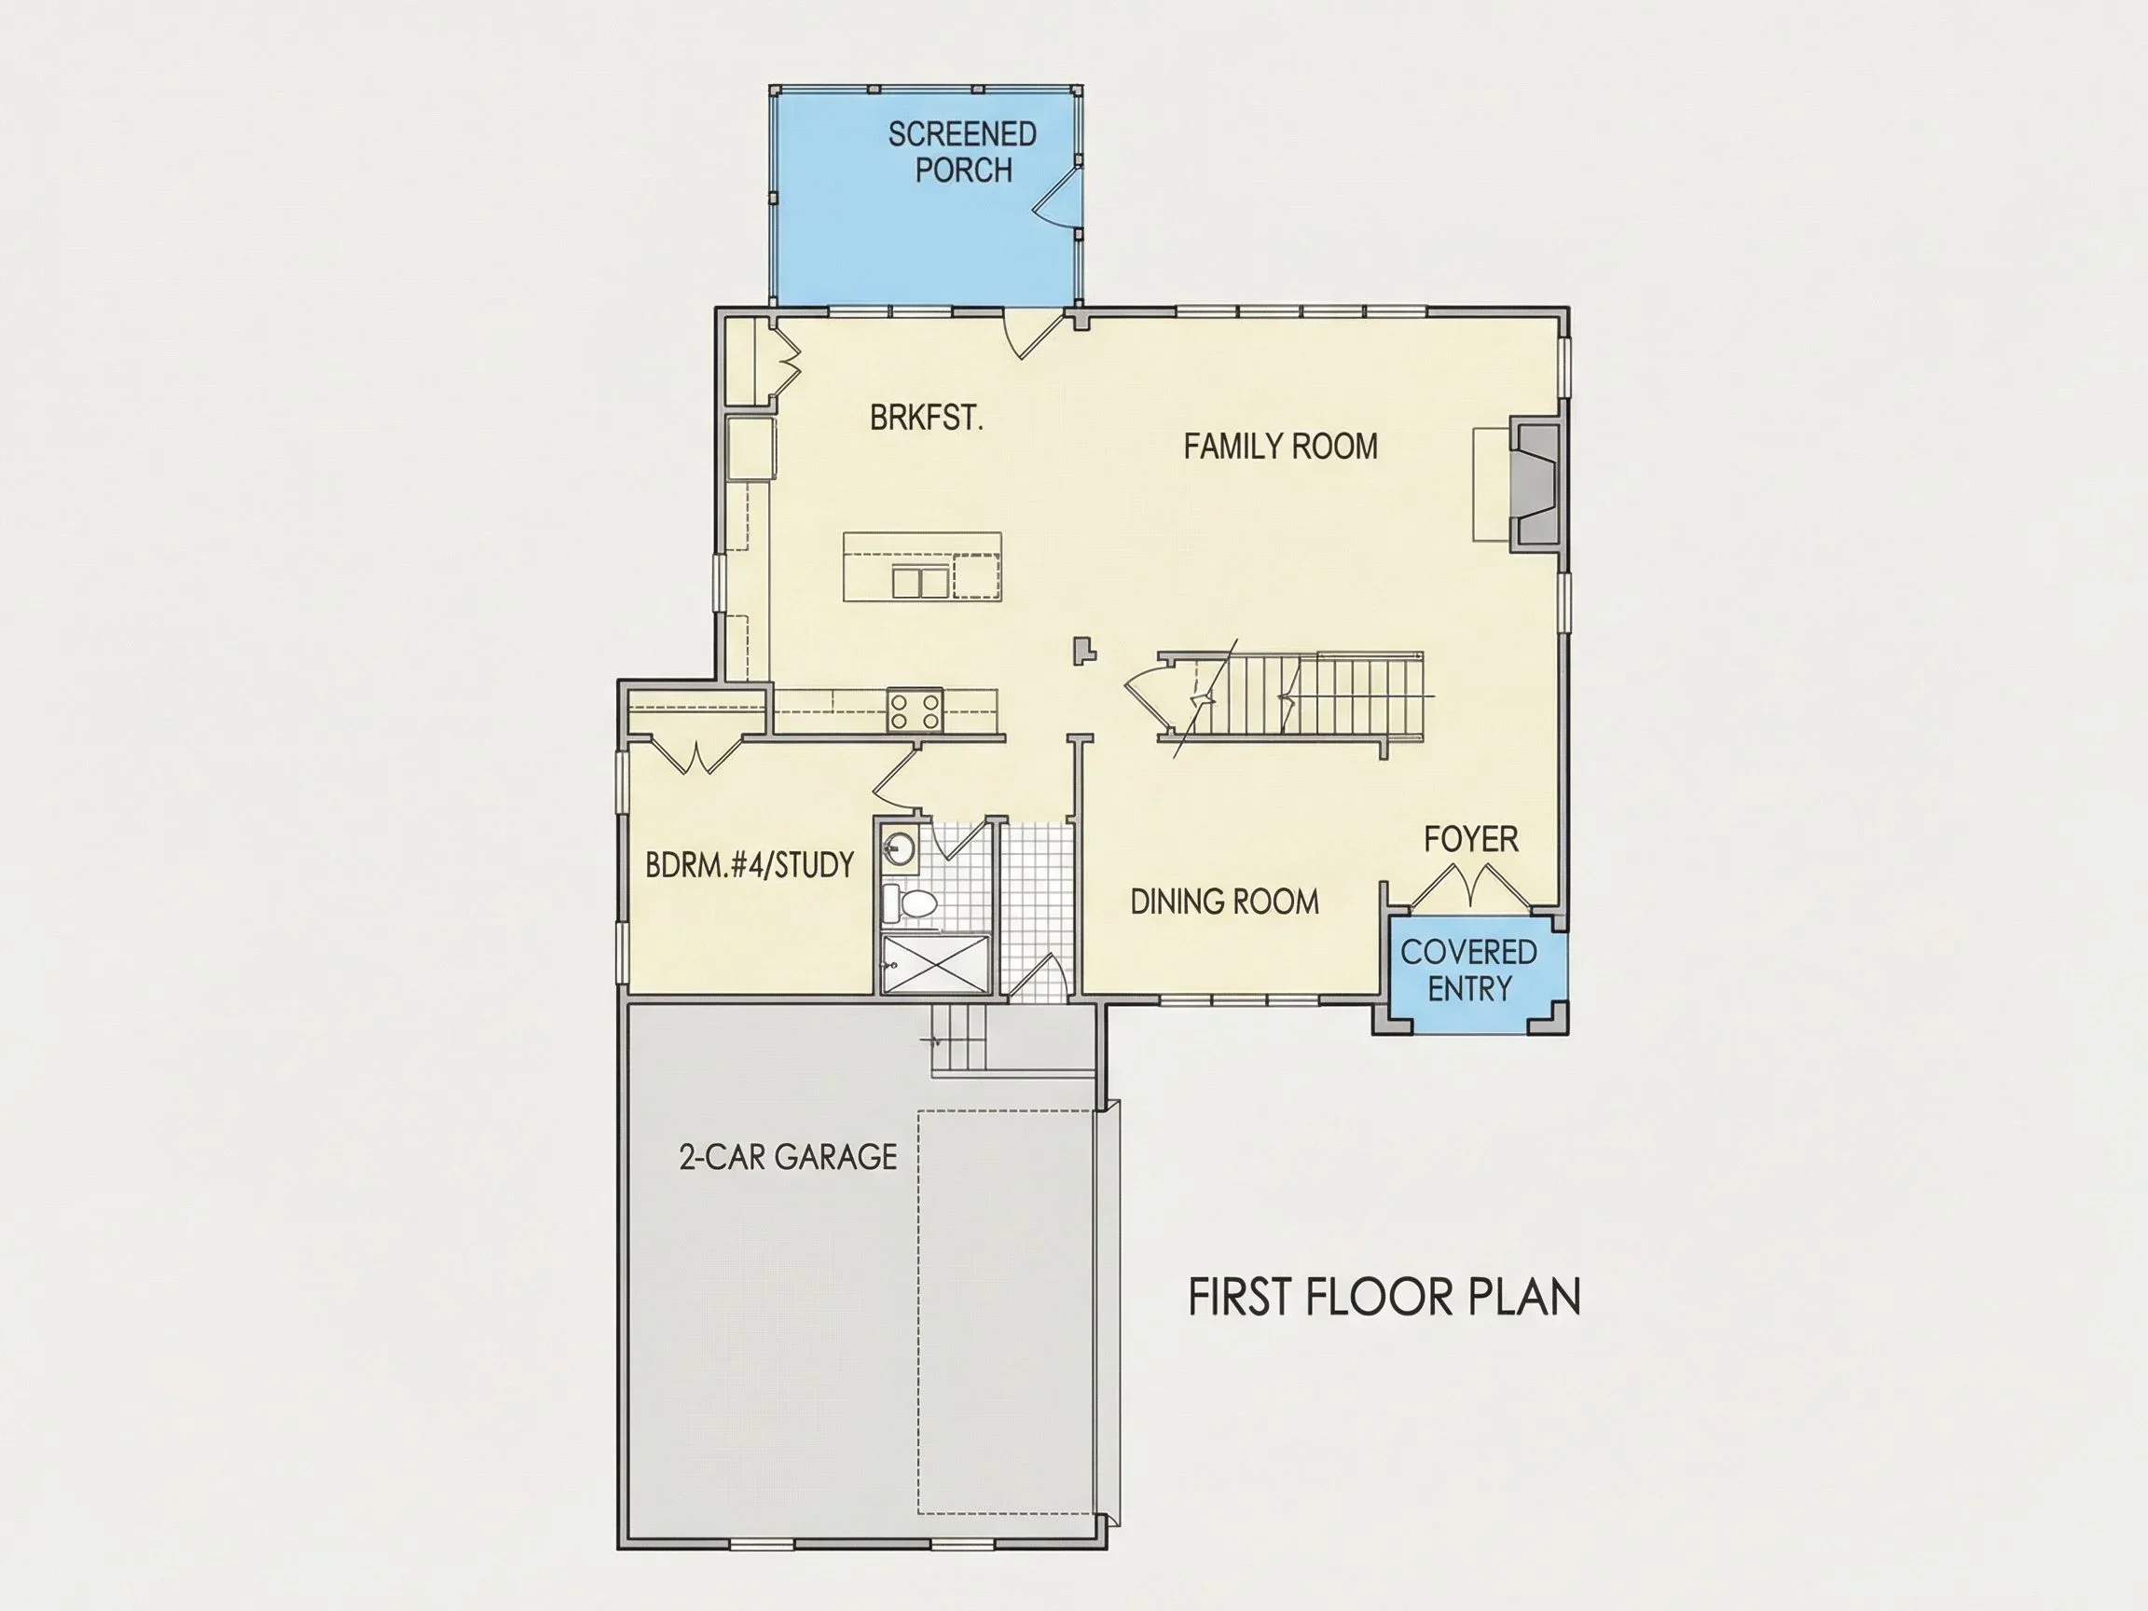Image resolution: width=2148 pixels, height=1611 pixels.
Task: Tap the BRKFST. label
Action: click(927, 418)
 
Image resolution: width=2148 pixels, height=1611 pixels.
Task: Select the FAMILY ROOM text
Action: click(1280, 447)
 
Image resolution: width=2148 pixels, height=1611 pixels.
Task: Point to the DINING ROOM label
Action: click(1224, 902)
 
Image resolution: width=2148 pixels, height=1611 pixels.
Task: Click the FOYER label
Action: click(1470, 839)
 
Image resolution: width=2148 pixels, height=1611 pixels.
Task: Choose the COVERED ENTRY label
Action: click(1468, 971)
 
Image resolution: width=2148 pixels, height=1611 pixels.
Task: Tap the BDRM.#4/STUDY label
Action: click(750, 864)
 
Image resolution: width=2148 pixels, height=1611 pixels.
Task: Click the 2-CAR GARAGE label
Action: click(788, 1158)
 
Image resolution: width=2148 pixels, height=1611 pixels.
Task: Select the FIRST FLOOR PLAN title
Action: click(1384, 1299)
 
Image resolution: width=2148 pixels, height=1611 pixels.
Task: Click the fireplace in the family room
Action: click(1535, 485)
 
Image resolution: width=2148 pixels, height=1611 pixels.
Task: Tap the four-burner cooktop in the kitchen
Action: click(915, 709)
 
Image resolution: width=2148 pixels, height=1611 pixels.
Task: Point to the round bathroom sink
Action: click(900, 849)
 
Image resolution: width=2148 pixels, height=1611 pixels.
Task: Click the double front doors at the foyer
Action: click(1470, 886)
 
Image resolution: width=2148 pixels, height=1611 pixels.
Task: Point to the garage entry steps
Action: click(958, 1037)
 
